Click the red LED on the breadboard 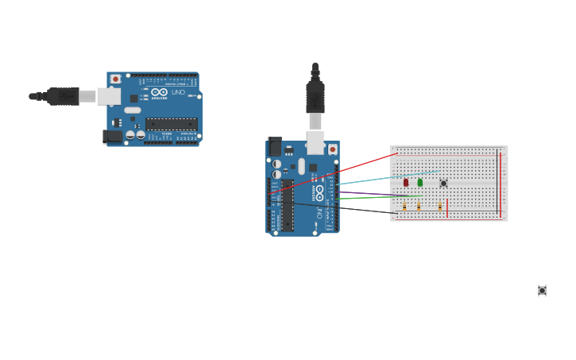point(405,183)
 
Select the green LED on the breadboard point(419,183)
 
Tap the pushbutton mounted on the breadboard point(443,184)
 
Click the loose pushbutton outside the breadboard point(542,291)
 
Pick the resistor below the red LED point(404,206)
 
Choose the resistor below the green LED point(419,206)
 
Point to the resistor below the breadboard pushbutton point(439,206)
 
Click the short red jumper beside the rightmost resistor point(447,207)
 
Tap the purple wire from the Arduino point(373,193)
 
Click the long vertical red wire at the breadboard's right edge point(501,183)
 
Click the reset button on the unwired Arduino point(115,79)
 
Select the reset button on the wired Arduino point(332,149)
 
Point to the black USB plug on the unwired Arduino point(62,96)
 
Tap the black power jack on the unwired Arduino point(113,136)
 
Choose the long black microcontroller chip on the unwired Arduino point(171,124)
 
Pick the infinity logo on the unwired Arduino point(159,93)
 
